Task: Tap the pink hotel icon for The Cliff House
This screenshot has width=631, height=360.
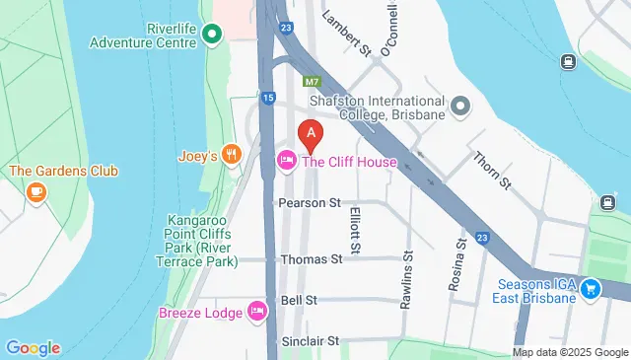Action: (x=287, y=160)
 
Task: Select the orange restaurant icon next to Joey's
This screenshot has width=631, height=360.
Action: (x=232, y=153)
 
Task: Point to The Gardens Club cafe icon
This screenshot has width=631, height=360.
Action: (x=37, y=190)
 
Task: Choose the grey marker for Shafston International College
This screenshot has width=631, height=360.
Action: (x=459, y=106)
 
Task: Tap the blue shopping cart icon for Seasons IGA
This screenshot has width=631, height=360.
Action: (x=590, y=289)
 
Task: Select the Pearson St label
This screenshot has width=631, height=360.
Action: (x=309, y=202)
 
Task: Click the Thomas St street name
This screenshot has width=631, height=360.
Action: (x=311, y=259)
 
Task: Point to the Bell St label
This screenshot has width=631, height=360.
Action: (x=298, y=299)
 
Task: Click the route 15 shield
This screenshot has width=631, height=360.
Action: (x=268, y=97)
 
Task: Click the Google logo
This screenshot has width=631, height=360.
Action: (x=33, y=347)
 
